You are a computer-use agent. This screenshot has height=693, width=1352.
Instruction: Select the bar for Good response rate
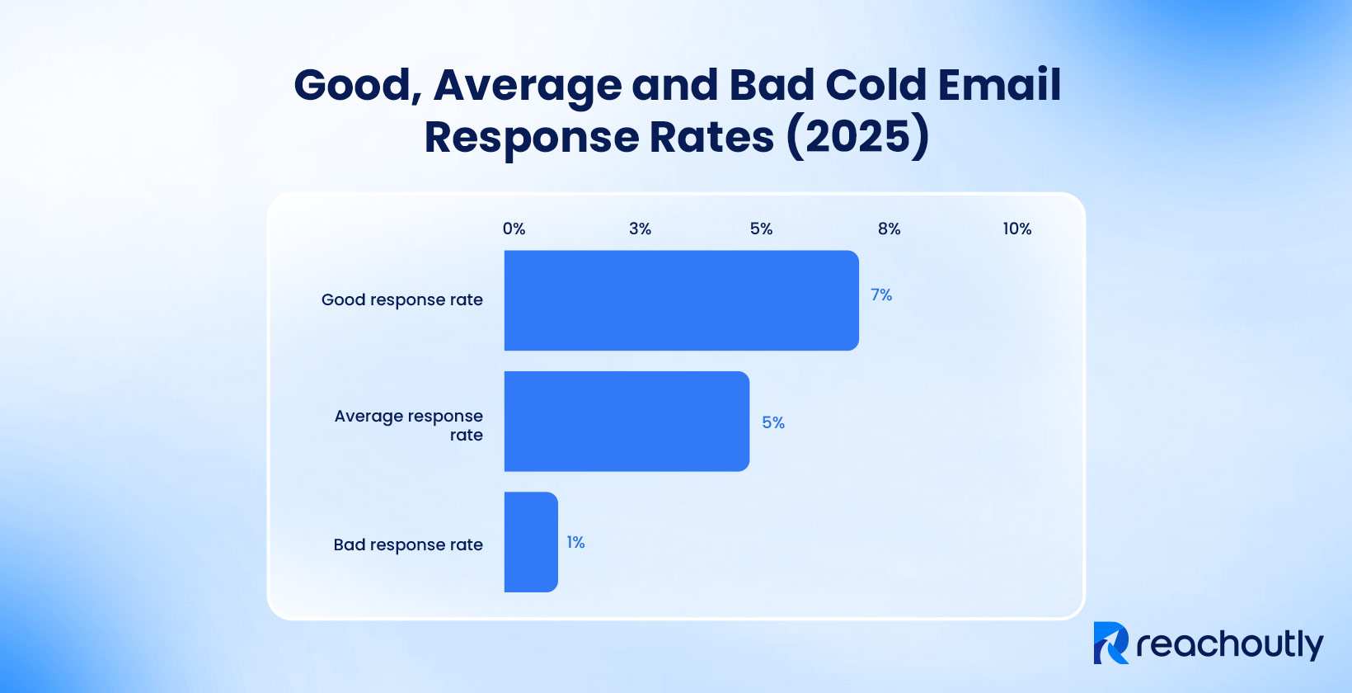click(681, 300)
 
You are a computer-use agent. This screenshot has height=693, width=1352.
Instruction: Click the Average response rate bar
click(627, 422)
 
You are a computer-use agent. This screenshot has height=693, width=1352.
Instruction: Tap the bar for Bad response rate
click(531, 542)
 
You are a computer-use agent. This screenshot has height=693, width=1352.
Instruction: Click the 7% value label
click(881, 295)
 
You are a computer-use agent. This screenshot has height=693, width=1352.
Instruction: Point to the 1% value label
click(575, 542)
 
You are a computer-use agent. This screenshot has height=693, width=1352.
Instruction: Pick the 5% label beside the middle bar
click(772, 422)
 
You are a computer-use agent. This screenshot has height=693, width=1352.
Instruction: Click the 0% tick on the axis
click(514, 229)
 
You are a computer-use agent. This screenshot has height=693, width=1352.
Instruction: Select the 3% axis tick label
click(640, 229)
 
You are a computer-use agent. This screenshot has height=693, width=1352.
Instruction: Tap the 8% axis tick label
click(889, 229)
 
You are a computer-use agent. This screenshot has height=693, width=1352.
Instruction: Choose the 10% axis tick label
click(1016, 229)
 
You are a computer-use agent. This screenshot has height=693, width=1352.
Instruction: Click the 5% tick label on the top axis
click(761, 229)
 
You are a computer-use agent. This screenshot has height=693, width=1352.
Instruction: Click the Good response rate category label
click(402, 299)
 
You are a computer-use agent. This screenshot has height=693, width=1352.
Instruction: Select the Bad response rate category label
click(408, 544)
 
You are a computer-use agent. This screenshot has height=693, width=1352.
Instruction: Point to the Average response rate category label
click(410, 425)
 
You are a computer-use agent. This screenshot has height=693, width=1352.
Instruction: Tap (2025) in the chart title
click(857, 136)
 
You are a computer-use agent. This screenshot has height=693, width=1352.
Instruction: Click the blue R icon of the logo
click(1110, 643)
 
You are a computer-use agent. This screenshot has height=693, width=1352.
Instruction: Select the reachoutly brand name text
click(1229, 644)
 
